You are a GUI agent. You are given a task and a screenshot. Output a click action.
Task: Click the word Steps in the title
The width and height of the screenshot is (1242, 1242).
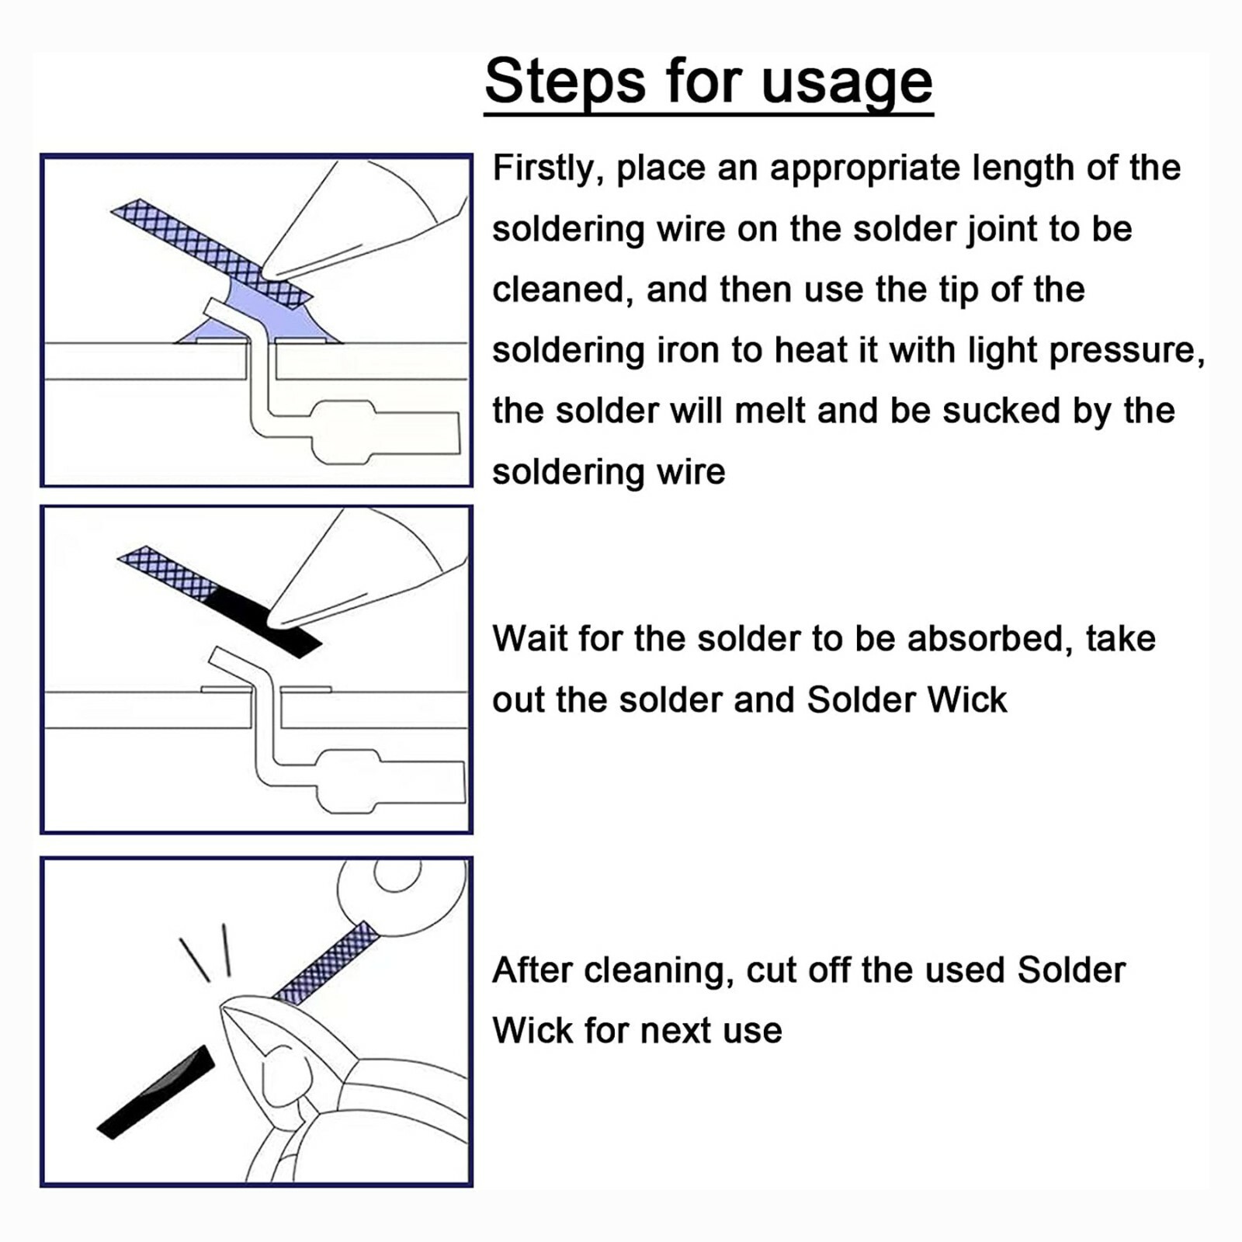pyautogui.click(x=565, y=81)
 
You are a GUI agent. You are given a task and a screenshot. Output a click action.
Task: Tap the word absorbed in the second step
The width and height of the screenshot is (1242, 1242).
pyautogui.click(x=990, y=639)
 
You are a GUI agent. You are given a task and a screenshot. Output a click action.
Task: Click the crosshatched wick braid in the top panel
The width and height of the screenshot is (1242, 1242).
pyautogui.click(x=210, y=252)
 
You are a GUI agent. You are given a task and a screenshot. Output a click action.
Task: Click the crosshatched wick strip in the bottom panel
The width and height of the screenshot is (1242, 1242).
pyautogui.click(x=325, y=963)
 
